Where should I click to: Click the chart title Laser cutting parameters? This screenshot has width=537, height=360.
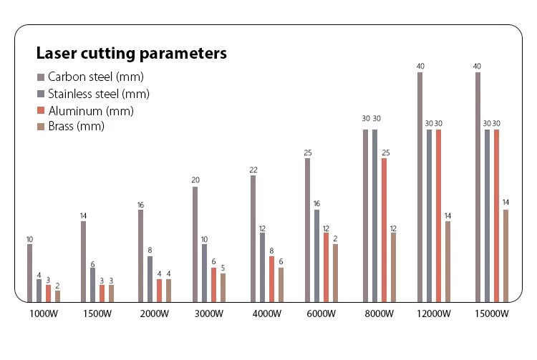point(131,53)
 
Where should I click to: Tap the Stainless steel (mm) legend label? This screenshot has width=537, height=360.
point(98,94)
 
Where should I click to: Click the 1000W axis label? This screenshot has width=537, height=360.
point(44,313)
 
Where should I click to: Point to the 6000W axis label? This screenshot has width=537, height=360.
point(321,313)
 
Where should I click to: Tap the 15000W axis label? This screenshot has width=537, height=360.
point(492,313)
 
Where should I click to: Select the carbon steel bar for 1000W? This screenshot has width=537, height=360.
point(30,273)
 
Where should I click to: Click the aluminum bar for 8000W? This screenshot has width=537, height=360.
point(384,230)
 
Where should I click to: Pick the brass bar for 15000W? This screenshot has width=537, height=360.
point(506,256)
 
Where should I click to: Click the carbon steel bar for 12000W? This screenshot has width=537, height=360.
point(420,187)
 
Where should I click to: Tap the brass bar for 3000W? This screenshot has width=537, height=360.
point(223,287)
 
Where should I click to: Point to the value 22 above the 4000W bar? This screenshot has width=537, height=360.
point(253,169)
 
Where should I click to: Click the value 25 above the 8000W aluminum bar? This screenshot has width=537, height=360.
point(385,152)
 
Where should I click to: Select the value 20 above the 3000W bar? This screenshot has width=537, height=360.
point(195,180)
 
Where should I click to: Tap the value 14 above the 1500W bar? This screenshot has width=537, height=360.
point(83,215)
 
